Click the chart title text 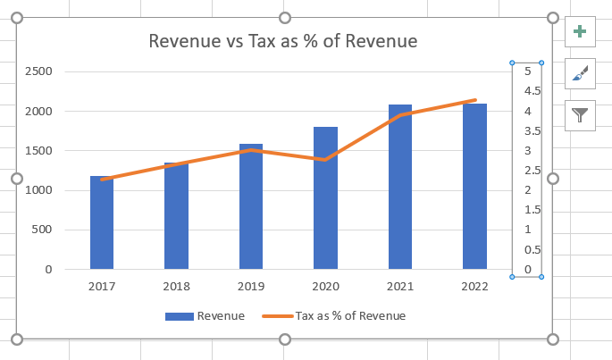(283, 41)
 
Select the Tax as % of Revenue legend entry (333, 315)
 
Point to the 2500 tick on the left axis (40, 71)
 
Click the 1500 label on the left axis (40, 151)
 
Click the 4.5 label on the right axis (532, 91)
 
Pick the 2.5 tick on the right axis (532, 171)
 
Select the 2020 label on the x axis (325, 287)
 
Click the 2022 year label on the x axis (474, 287)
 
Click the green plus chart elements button (580, 32)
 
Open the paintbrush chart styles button (580, 73)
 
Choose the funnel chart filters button (580, 114)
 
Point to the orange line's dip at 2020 (325, 160)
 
